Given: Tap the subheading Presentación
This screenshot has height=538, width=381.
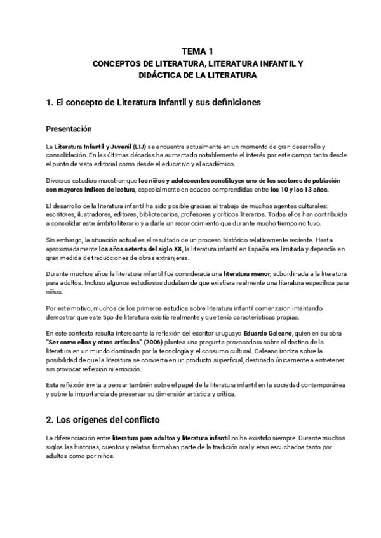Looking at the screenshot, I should click(x=73, y=129).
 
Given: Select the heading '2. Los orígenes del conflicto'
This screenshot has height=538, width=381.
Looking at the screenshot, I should click(x=103, y=419).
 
